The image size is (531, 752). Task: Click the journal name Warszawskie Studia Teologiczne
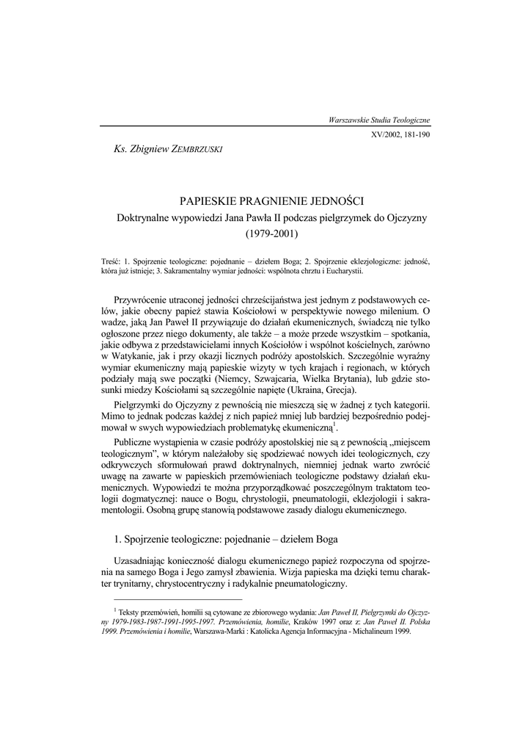tap(380, 119)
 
